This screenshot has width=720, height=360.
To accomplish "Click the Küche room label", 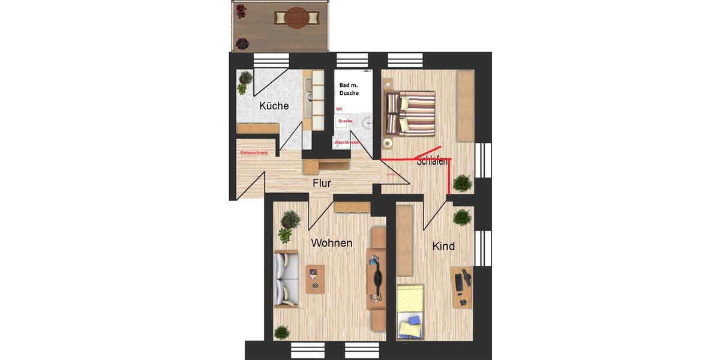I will click(274, 106).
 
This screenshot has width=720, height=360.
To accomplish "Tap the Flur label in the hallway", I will click(322, 184).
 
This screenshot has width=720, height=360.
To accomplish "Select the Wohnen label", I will click(331, 243).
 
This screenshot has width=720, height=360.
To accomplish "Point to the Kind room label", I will click(443, 246).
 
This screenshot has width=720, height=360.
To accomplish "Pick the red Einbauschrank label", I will click(254, 154).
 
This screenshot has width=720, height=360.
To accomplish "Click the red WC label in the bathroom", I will click(339, 109).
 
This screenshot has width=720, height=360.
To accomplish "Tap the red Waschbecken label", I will click(347, 142).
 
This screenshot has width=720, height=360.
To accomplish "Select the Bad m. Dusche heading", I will click(349, 89).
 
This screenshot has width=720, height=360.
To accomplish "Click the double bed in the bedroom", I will click(410, 113).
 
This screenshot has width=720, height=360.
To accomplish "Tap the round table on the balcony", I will click(296, 18).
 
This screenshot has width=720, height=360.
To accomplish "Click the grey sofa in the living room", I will click(286, 280).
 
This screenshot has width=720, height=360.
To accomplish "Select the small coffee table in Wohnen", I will click(315, 279).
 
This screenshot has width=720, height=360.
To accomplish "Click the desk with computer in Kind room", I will click(462, 287).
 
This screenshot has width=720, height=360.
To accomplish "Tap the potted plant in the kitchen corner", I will click(245, 82).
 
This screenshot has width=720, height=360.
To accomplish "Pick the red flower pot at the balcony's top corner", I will click(241, 11).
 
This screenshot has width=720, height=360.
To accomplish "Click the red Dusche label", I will click(345, 121).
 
